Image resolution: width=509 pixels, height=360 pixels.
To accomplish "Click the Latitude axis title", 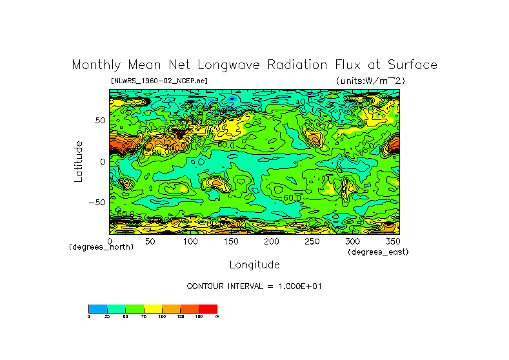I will [79, 161].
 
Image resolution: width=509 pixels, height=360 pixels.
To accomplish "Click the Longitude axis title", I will [254, 265].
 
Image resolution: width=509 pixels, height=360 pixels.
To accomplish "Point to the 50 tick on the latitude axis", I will [99, 121].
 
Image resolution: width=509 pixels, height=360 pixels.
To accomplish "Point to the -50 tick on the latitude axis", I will [97, 203].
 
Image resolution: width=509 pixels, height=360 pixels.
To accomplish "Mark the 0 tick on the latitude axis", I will [102, 162].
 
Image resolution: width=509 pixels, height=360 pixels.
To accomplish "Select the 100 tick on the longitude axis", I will [190, 241].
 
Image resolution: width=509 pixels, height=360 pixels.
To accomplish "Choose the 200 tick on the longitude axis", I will [272, 241].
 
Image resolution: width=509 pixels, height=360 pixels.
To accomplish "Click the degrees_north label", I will [101, 247].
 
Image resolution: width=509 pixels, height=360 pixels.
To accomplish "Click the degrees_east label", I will [377, 252].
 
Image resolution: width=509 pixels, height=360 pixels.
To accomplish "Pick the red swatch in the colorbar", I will [208, 308].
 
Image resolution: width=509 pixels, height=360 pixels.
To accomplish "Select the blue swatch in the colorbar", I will [97, 308].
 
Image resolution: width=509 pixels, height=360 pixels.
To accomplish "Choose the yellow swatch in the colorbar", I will [153, 308].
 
